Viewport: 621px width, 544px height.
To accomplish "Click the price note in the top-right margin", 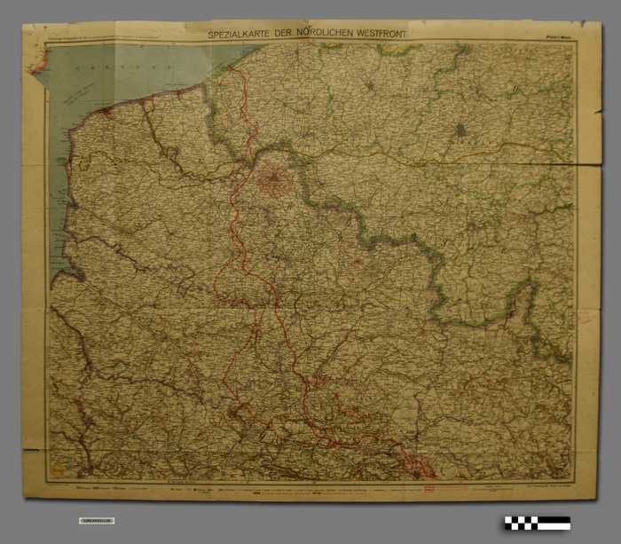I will (x=558, y=37).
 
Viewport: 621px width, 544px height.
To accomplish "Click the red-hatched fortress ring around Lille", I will (x=274, y=182).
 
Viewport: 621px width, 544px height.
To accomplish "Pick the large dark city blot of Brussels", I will (x=460, y=132).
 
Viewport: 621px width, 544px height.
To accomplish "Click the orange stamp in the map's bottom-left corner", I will (x=59, y=466).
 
